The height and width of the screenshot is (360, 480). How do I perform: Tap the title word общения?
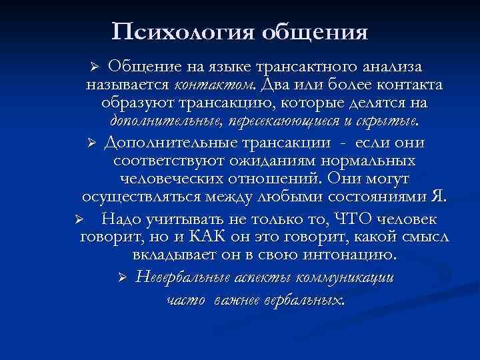point(316,31)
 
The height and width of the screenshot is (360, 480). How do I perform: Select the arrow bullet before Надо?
point(78,219)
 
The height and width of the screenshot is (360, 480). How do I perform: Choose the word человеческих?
point(173,180)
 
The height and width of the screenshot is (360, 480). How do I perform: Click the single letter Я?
point(437,198)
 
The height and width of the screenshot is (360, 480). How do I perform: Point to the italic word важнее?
point(247,300)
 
